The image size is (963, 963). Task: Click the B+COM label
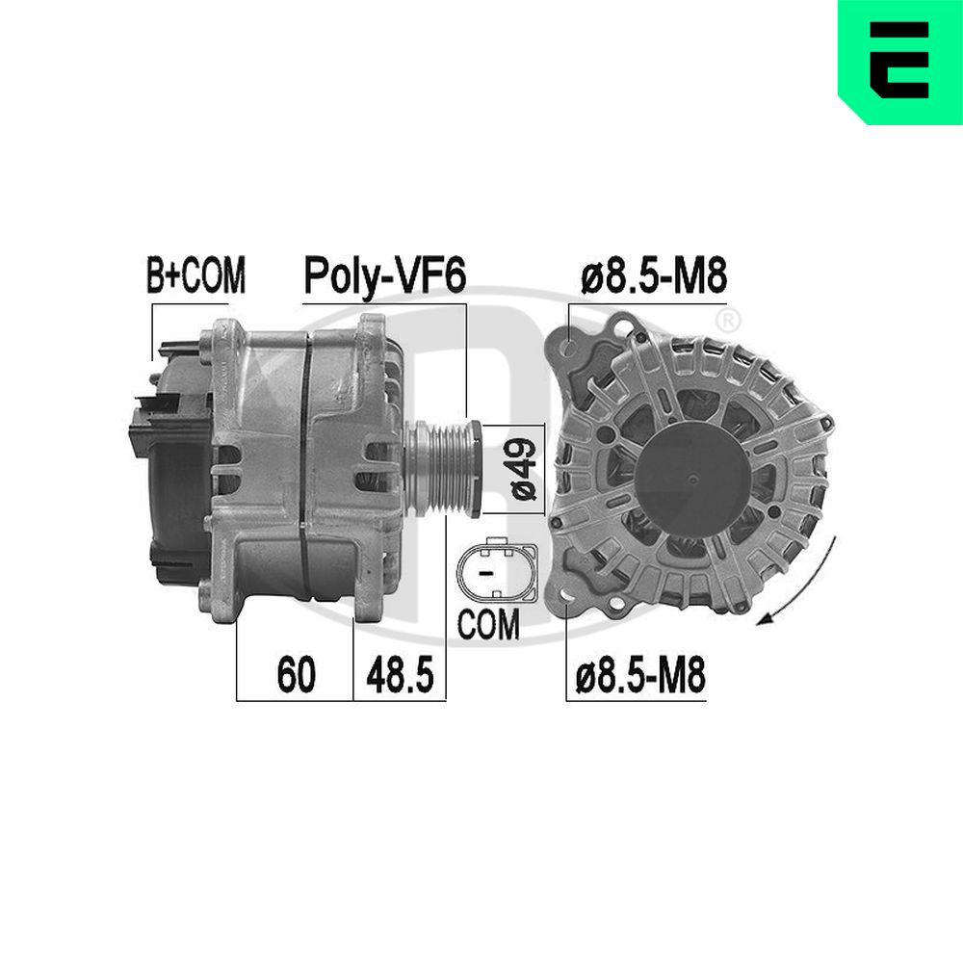(195, 276)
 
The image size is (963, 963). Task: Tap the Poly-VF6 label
(384, 275)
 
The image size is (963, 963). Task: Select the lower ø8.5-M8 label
(640, 677)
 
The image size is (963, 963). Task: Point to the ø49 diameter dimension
(523, 469)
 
